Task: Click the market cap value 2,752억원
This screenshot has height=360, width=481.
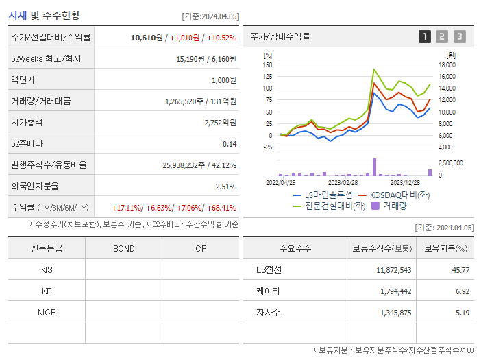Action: tap(220, 122)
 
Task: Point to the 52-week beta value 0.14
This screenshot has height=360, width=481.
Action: tap(230, 143)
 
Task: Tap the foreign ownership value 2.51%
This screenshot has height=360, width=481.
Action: tap(225, 186)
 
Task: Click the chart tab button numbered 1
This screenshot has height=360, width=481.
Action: tap(425, 36)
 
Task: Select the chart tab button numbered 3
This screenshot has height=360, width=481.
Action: tap(459, 36)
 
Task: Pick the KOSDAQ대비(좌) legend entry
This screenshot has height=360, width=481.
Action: tap(399, 195)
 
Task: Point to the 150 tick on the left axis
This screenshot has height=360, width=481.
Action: tap(268, 64)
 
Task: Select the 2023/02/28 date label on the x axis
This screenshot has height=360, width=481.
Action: tap(343, 182)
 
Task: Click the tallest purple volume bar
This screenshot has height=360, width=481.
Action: tap(374, 167)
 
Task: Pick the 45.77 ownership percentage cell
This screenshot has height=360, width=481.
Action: tap(460, 270)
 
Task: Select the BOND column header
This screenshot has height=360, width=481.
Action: tap(123, 248)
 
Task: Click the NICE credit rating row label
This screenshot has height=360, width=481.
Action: tap(47, 312)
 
